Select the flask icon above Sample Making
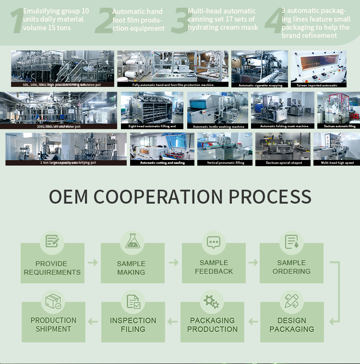point(132,241)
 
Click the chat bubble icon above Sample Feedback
point(214,242)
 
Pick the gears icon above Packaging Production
point(211,302)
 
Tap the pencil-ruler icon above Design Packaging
point(291,301)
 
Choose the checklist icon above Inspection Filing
point(133,302)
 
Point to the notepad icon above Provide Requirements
point(52,241)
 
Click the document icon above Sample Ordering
point(291,242)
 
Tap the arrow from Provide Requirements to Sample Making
point(93,263)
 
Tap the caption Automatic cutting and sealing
point(162,163)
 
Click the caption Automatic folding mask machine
point(284,126)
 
